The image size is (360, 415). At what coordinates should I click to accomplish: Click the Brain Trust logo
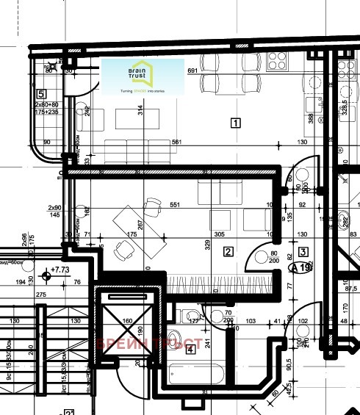(142, 77)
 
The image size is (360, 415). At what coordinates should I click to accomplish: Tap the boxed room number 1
(235, 123)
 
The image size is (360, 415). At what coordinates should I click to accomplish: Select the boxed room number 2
(228, 253)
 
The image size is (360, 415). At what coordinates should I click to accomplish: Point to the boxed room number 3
(303, 252)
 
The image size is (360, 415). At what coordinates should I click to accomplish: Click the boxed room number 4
(191, 349)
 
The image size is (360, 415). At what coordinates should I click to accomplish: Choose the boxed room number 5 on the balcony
(41, 93)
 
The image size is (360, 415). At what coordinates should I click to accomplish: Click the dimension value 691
(193, 71)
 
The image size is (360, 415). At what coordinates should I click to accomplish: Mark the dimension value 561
(176, 142)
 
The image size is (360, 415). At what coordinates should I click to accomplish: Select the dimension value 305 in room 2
(219, 234)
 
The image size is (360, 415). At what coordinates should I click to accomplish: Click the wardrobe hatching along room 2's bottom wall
(221, 282)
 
